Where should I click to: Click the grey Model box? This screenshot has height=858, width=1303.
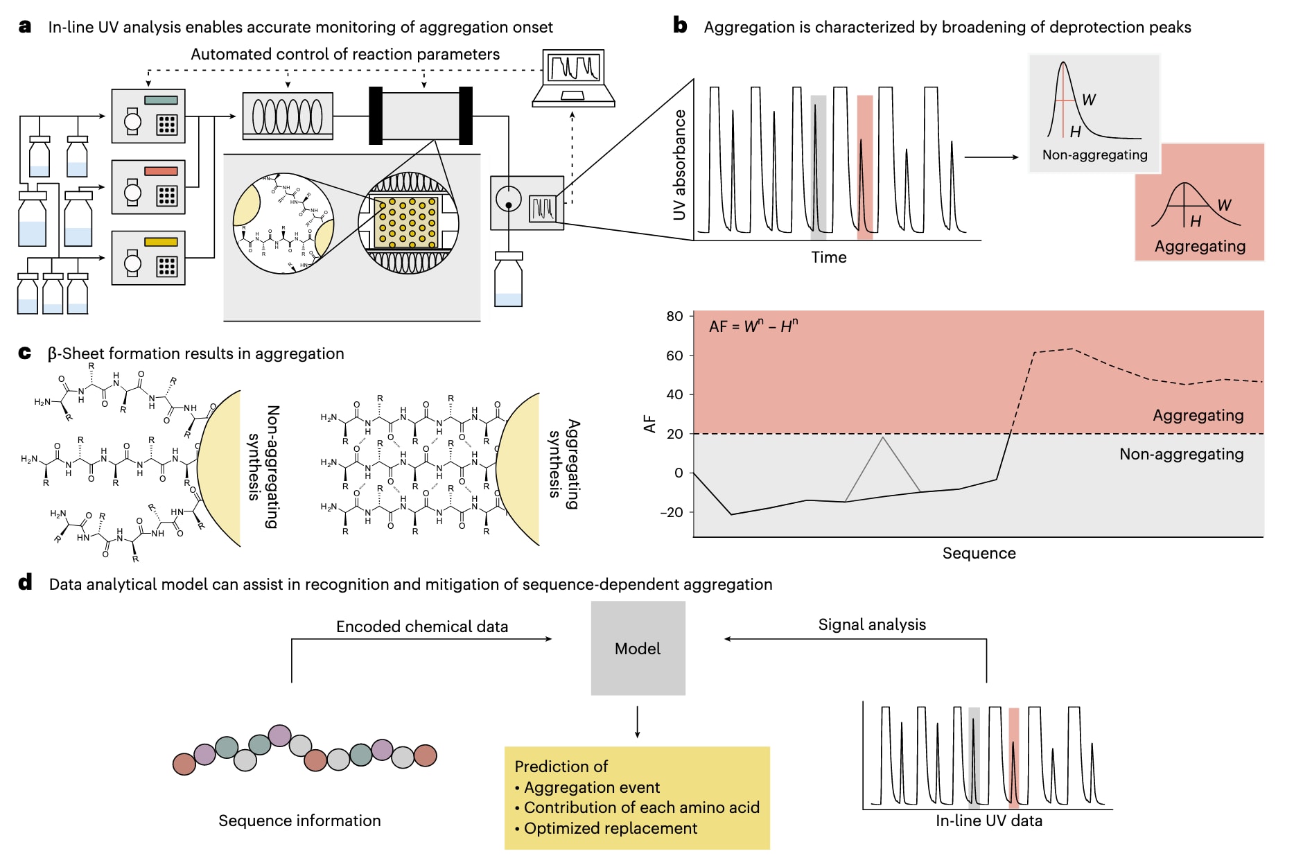[x=638, y=648]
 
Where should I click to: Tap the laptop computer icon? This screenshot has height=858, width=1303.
[x=573, y=78]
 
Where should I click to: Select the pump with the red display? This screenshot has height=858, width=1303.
[x=148, y=187]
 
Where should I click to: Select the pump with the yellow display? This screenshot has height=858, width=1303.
[x=148, y=258]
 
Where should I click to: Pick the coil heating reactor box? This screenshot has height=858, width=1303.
[x=288, y=116]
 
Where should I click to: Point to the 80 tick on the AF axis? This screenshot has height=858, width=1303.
[x=674, y=316]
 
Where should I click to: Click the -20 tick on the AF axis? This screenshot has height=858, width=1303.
[x=672, y=512]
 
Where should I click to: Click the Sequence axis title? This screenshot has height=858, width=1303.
[x=979, y=553]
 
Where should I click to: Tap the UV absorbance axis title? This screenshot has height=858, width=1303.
[x=679, y=165]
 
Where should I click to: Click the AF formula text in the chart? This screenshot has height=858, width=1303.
[x=753, y=326]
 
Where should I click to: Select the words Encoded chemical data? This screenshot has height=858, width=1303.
[x=421, y=627]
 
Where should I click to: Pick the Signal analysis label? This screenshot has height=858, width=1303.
[x=872, y=624]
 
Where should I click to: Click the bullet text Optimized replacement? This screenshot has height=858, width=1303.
[x=610, y=828]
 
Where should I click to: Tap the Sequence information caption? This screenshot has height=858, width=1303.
[x=299, y=821]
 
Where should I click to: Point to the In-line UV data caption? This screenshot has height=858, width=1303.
[x=988, y=821]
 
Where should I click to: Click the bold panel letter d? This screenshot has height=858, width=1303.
[x=26, y=583]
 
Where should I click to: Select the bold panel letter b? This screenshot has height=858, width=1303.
[x=681, y=26]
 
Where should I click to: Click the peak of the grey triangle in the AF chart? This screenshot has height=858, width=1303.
[x=883, y=437]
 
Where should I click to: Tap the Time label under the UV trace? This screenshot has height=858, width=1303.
[x=829, y=257]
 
